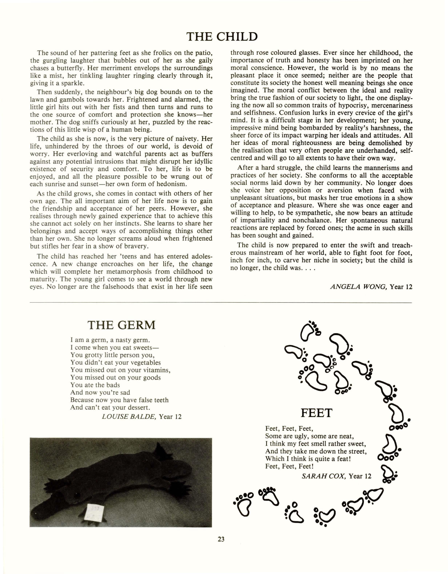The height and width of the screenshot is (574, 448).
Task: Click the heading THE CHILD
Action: click(x=222, y=36)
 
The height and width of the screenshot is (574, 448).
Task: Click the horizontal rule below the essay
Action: click(x=221, y=303)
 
